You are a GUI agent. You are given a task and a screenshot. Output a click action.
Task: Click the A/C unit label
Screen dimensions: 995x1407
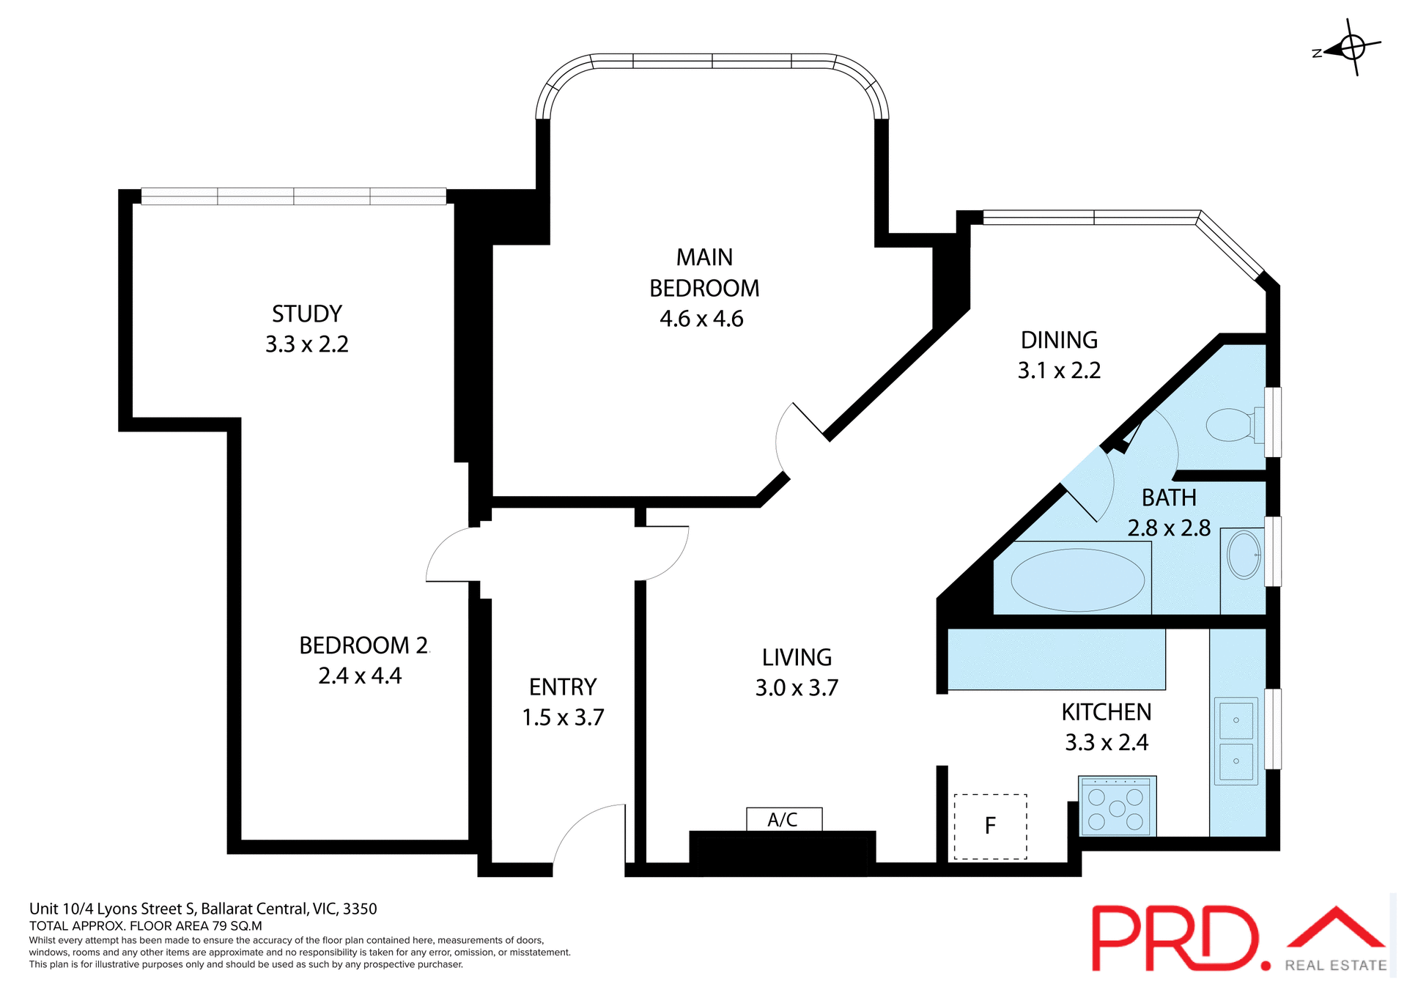tap(783, 820)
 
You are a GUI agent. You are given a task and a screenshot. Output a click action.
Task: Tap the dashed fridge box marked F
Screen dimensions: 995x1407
tap(990, 826)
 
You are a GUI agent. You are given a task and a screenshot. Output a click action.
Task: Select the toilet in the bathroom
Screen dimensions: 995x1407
tap(1231, 425)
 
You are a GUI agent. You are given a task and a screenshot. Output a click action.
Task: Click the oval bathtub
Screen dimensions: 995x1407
tap(1077, 580)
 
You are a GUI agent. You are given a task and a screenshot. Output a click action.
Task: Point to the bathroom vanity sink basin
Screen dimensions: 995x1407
tap(1244, 555)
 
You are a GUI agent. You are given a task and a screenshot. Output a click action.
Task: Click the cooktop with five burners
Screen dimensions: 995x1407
tap(1116, 807)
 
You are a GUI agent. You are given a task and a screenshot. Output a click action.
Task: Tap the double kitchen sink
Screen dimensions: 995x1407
tap(1236, 740)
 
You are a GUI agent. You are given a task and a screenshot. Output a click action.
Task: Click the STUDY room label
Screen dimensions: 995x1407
tap(307, 314)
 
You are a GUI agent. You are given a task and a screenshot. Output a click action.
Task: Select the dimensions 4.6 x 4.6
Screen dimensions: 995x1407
tap(701, 319)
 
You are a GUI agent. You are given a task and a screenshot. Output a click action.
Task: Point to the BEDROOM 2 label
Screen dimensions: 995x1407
tap(363, 646)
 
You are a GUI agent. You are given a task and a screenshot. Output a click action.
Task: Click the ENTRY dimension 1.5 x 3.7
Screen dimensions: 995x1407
tap(563, 717)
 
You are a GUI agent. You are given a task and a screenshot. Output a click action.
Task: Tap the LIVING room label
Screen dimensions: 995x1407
tap(797, 657)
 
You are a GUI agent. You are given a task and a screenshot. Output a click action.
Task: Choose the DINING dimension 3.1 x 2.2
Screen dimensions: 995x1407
tap(1059, 371)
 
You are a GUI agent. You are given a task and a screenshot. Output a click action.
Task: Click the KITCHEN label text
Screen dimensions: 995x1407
tap(1107, 712)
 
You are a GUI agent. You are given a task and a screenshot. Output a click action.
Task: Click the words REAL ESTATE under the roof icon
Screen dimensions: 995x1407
tap(1335, 966)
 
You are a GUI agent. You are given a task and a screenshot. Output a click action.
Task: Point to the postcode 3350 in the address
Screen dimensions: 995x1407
tap(360, 909)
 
